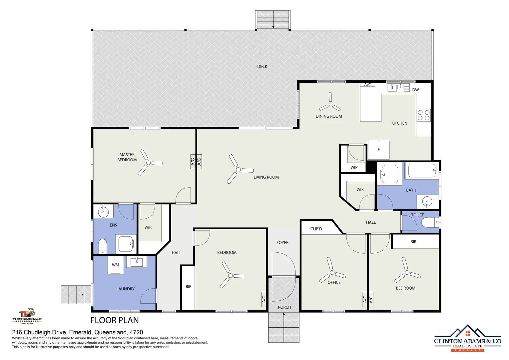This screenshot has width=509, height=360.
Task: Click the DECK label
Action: [262, 66]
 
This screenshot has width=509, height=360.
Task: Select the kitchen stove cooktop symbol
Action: [423, 115]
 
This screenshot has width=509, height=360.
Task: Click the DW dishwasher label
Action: [415, 90]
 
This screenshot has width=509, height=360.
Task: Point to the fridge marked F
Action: [378, 150]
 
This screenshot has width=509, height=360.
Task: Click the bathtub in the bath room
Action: [422, 170]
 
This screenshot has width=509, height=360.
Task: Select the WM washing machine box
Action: [115, 265]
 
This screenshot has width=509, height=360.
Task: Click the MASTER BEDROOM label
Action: [127, 157]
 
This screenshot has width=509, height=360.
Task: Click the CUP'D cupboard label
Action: [316, 229]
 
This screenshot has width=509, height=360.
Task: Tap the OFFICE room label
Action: [334, 282]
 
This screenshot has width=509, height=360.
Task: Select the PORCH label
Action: [284, 307]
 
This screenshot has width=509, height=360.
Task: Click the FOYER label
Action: [282, 243]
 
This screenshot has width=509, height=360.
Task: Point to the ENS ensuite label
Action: [113, 225]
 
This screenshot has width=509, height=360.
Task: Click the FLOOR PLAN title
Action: [115, 320]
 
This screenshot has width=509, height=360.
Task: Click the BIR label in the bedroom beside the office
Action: [413, 242]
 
